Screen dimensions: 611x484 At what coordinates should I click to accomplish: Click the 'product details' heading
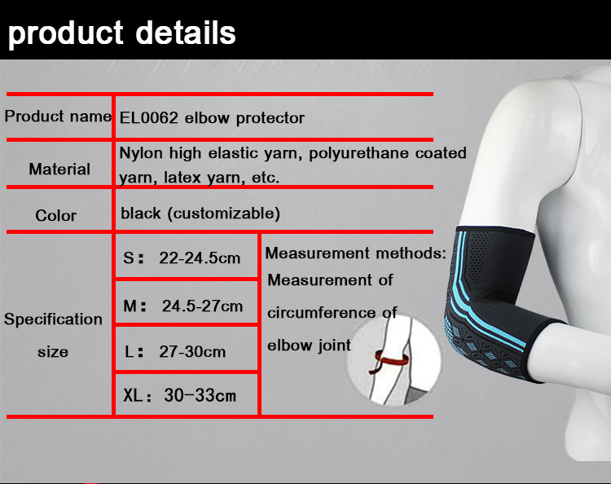[x=122, y=33]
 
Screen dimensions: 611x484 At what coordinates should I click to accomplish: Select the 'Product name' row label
[x=58, y=117]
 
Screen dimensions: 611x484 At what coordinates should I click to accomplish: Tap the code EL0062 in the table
[x=148, y=117]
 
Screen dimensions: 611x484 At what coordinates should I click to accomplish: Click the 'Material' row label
[x=59, y=169]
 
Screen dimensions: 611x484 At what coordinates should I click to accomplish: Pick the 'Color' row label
[x=55, y=215]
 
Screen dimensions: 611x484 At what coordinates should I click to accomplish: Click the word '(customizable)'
[x=224, y=213]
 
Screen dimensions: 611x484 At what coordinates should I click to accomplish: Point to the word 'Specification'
[x=53, y=319]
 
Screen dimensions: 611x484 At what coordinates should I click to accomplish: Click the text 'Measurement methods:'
[x=355, y=253]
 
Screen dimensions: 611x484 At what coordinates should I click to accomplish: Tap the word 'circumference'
[x=322, y=313]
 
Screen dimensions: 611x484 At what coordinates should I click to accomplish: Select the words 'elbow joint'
[x=309, y=345]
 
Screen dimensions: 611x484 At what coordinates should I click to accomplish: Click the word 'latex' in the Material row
[x=182, y=178]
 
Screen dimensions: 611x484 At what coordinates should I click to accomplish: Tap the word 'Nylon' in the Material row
[x=141, y=153]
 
